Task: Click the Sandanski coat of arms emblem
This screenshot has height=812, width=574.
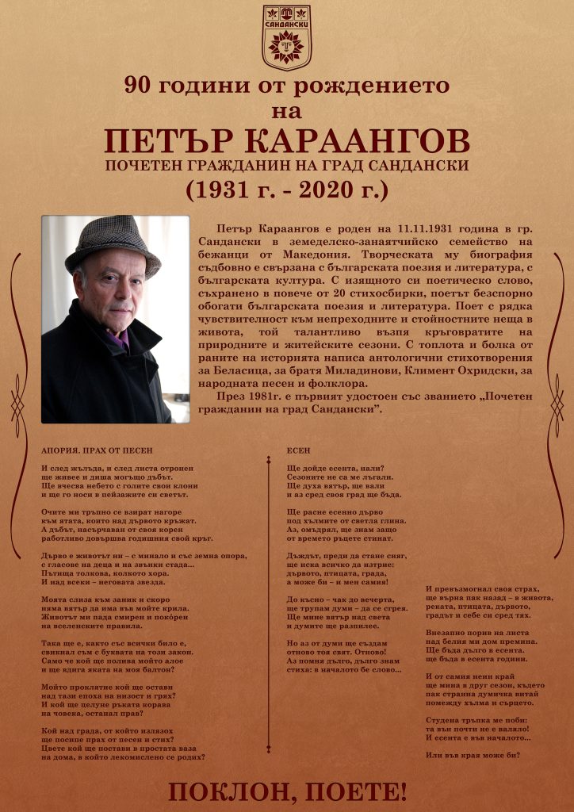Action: click(287, 37)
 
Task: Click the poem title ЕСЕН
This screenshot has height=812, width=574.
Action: click(298, 450)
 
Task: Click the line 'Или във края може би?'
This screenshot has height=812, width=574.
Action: click(473, 754)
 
